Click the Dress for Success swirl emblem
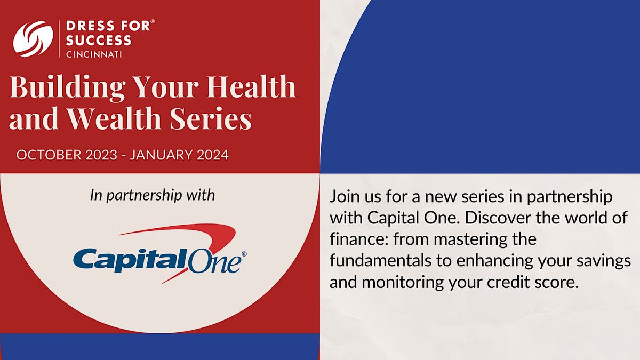[33, 38]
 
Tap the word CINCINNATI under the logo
[94, 54]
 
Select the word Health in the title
[251, 86]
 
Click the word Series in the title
[211, 118]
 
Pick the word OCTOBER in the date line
[49, 155]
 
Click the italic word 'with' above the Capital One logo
[201, 195]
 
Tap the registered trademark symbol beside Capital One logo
[244, 254]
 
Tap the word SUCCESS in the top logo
[99, 41]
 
